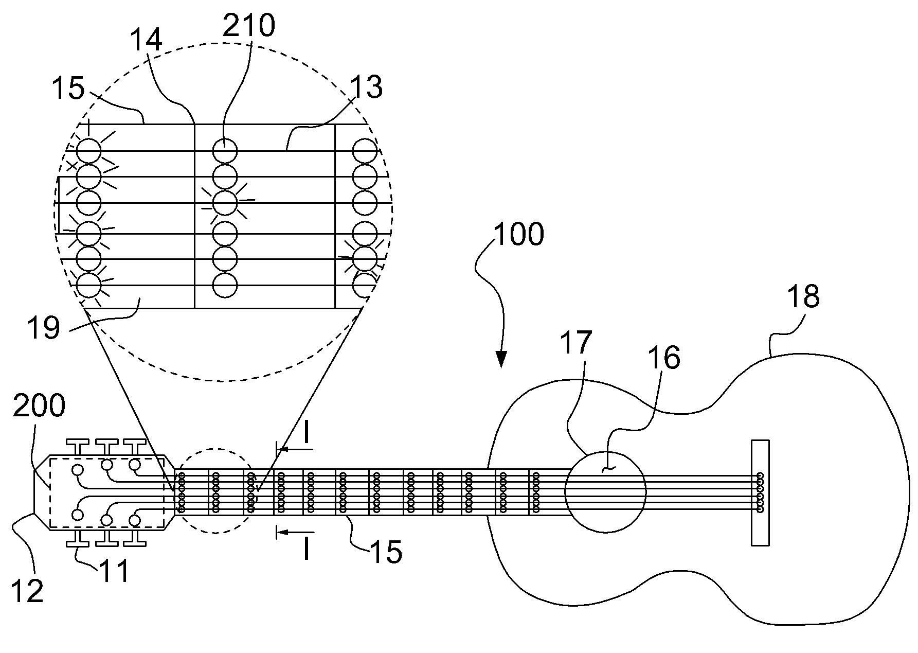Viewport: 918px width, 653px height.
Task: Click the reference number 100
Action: tap(518, 234)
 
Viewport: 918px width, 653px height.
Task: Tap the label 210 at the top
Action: tap(248, 25)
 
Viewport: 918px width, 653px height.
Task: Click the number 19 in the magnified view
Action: tap(44, 328)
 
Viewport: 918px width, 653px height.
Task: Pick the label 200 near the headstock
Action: tap(39, 406)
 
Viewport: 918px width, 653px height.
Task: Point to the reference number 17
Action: tap(576, 343)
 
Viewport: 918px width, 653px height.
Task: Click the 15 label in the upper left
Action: tap(68, 88)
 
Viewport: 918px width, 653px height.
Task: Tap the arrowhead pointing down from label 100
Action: tap(501, 359)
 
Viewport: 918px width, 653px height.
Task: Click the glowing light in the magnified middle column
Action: tap(225, 203)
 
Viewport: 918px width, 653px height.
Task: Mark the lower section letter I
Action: tap(306, 548)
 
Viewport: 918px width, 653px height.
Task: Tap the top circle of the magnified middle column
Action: tap(225, 151)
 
